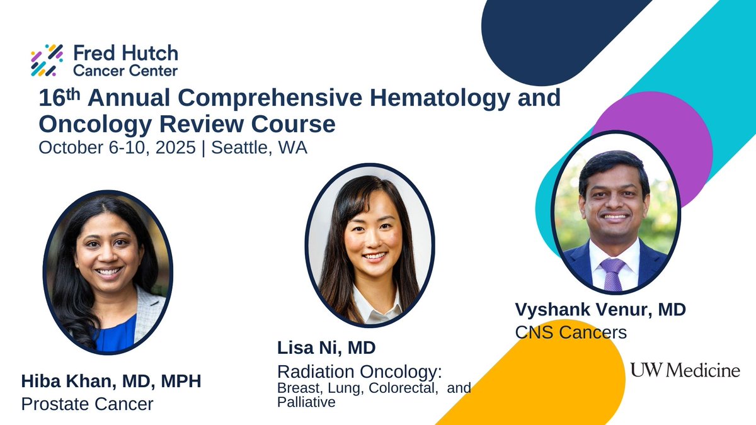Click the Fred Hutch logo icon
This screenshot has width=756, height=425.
tap(47, 60)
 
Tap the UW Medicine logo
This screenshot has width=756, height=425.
tap(685, 370)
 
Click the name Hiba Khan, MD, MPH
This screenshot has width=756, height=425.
tap(111, 382)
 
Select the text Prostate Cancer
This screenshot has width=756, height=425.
tap(87, 404)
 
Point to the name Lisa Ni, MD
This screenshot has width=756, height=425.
tap(326, 348)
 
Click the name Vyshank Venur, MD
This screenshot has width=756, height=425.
tap(600, 310)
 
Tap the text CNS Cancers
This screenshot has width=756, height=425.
tap(571, 331)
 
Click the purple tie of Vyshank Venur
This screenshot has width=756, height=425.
tap(612, 273)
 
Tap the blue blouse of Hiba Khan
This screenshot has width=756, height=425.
tap(116, 334)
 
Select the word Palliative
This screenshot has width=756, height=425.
tap(306, 402)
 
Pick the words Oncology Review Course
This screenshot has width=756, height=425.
tap(187, 123)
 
